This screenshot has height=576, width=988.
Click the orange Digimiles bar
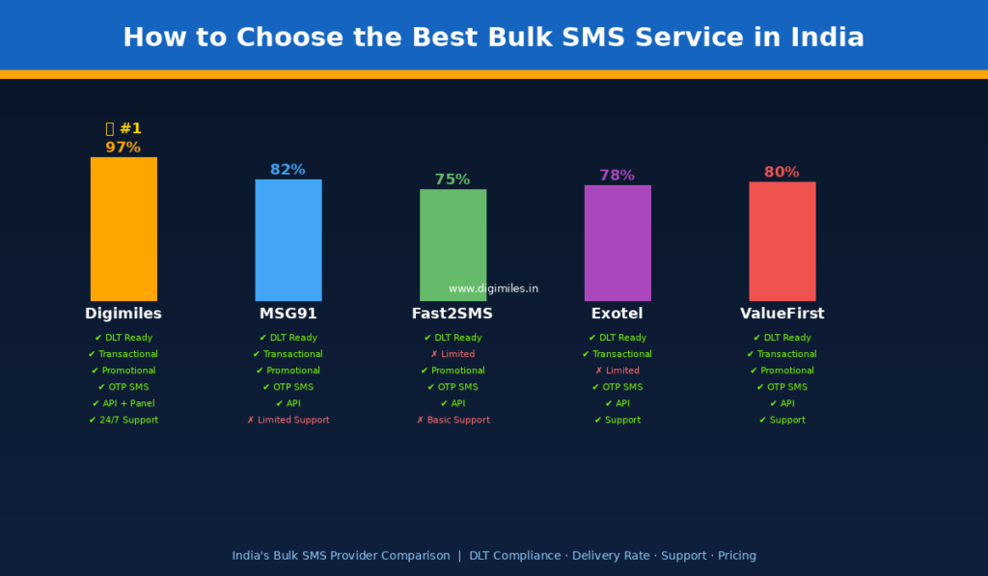coord(123,229)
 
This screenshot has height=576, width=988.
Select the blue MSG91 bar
coord(288,240)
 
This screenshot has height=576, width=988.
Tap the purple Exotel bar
coord(617,242)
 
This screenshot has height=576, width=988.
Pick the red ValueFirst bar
coord(782,241)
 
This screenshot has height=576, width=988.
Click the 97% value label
coord(123,148)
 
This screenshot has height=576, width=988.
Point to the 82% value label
coord(288,170)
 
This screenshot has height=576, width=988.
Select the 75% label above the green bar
coord(453,179)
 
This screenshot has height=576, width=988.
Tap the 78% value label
coord(617,176)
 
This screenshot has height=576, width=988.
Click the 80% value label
coord(782,172)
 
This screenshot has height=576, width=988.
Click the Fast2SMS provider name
coord(453,314)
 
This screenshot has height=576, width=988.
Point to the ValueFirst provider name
coord(782,314)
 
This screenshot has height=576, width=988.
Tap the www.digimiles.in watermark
coord(493,288)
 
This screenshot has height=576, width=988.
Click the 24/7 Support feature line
coord(123,420)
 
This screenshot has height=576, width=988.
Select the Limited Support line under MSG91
coord(288,420)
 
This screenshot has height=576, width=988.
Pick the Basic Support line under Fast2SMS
coord(453,420)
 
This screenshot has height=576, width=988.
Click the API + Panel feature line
coord(123,403)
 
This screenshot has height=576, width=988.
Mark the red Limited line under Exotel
coord(617,370)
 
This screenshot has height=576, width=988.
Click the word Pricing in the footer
coord(736,556)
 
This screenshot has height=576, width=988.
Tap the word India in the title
coord(827,38)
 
